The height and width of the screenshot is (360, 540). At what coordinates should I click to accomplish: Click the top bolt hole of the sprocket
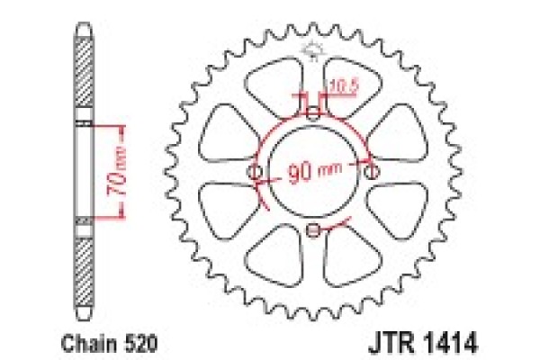point(312,112)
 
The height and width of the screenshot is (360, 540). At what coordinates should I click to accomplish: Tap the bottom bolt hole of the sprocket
point(312,231)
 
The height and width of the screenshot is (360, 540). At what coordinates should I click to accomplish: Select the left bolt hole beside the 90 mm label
point(254,171)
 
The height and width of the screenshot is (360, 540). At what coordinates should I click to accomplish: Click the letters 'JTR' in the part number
point(391,343)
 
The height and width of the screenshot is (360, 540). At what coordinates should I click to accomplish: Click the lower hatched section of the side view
point(83,261)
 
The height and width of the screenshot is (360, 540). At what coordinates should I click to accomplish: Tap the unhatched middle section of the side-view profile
point(83,171)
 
